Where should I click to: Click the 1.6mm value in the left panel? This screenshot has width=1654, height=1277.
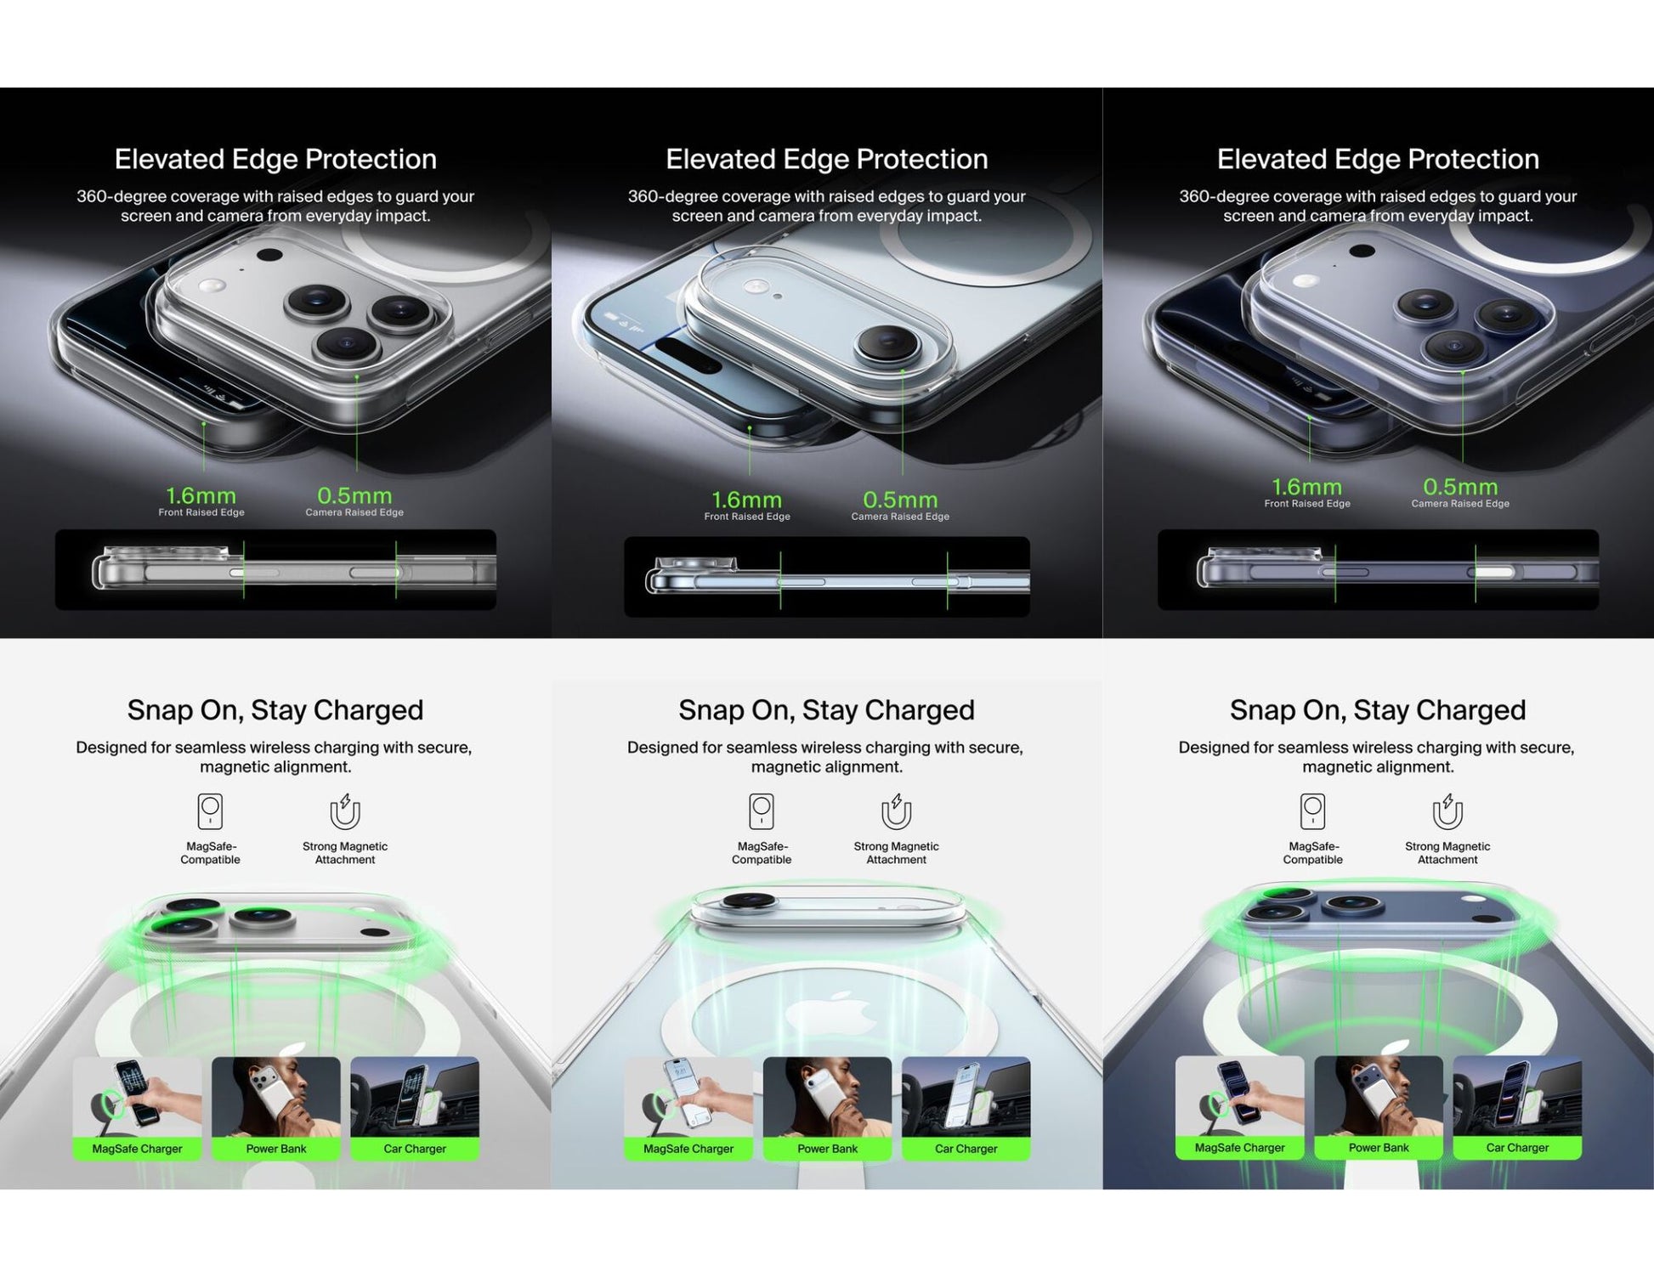click(201, 495)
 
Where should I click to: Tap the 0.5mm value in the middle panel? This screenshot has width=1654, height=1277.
click(900, 500)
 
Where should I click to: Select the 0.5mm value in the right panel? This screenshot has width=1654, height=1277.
click(1460, 487)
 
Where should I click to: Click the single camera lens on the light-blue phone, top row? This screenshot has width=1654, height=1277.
click(888, 343)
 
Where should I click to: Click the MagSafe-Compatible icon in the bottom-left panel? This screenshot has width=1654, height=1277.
click(210, 811)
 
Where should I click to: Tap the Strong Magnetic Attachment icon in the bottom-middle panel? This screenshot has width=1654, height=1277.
click(896, 811)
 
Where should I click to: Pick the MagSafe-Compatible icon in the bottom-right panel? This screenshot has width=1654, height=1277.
click(1312, 811)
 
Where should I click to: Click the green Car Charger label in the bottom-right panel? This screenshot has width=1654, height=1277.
click(1517, 1148)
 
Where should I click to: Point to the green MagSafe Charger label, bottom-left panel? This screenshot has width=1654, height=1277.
click(137, 1149)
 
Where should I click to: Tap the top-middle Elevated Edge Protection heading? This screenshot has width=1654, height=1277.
click(826, 159)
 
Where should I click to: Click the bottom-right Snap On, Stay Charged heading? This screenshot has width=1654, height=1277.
click(1377, 709)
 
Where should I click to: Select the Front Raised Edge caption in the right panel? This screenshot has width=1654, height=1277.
click(1306, 504)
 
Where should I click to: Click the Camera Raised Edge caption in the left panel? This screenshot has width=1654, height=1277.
click(354, 512)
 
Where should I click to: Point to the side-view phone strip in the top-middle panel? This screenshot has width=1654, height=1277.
click(826, 577)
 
